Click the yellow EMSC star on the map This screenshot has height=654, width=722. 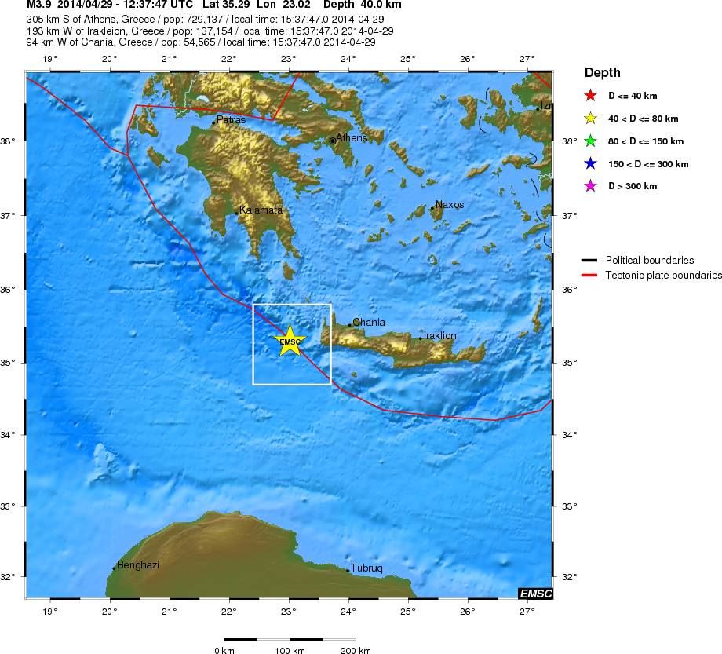click(290, 341)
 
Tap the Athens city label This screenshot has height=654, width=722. click(351, 137)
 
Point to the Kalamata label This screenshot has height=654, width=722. click(261, 210)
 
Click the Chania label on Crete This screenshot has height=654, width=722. click(368, 322)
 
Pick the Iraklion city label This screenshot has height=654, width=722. click(439, 336)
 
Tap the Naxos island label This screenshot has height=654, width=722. click(449, 205)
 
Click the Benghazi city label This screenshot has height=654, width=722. click(137, 565)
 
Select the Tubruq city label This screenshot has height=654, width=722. click(366, 568)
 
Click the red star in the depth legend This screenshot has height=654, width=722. click(593, 97)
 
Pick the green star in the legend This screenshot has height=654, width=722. click(593, 142)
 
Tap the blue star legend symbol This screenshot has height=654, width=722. click(593, 164)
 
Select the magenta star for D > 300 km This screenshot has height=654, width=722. click(593, 187)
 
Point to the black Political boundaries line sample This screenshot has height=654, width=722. click(589, 260)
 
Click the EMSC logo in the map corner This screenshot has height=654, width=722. click(535, 594)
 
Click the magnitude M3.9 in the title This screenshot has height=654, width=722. click(38, 5)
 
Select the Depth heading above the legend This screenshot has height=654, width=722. click(602, 73)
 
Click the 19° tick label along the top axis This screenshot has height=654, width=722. click(50, 59)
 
